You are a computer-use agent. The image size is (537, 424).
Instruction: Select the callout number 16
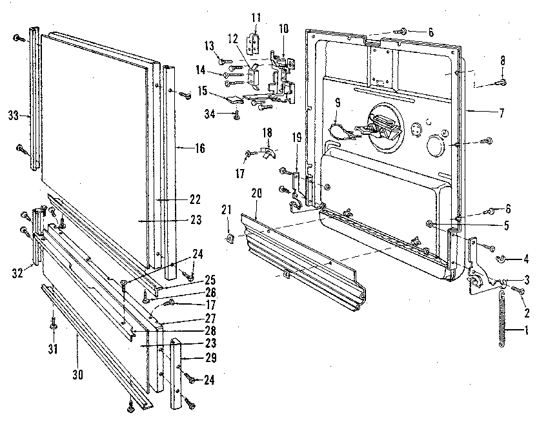pos(199,148)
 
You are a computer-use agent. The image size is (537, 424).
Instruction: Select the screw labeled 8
pos(502,82)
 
